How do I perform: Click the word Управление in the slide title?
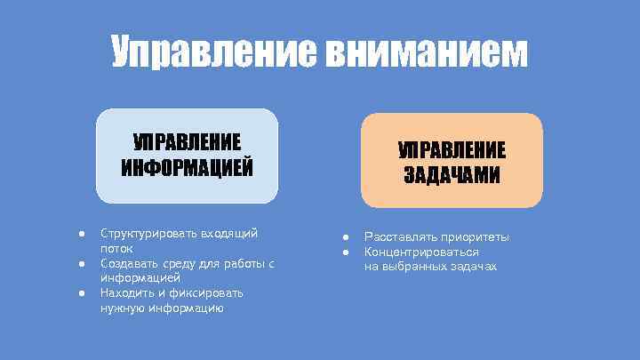(213, 53)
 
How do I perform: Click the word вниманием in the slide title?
(426, 53)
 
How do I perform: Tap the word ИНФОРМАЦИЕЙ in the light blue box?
(187, 167)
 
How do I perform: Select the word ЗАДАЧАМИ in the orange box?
(452, 174)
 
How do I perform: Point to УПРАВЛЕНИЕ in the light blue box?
(187, 142)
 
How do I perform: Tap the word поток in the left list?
(116, 249)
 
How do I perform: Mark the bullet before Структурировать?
(80, 233)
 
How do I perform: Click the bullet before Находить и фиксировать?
(80, 292)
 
